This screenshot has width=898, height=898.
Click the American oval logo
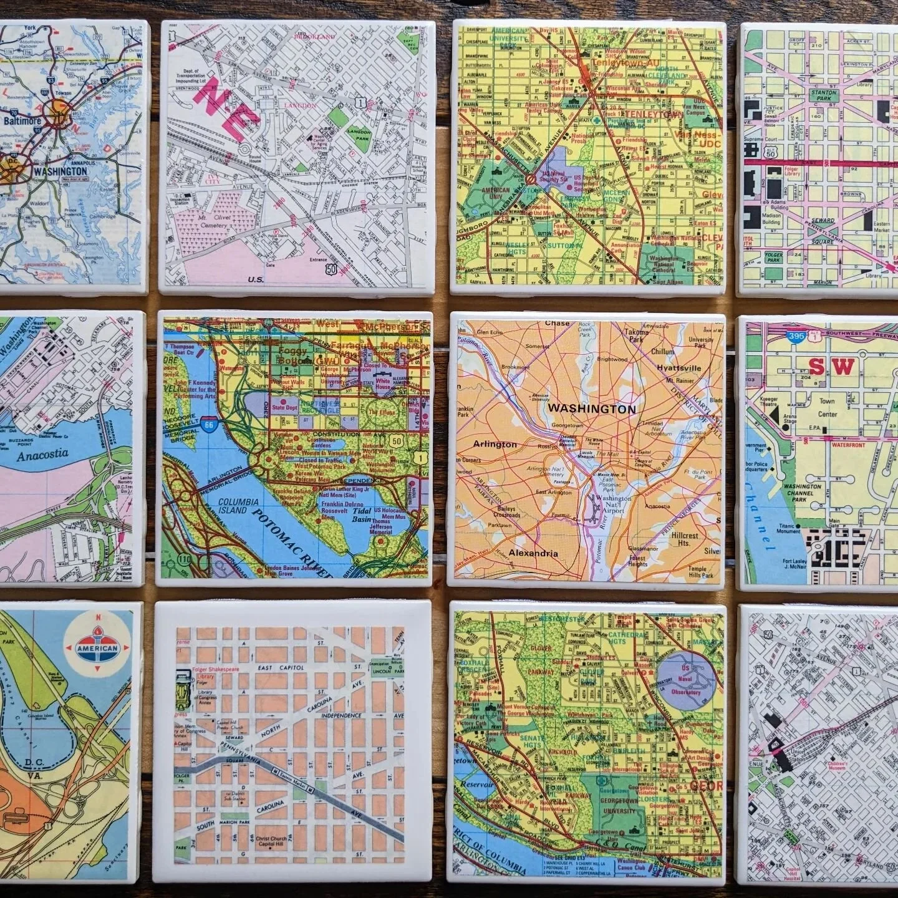coord(97,648)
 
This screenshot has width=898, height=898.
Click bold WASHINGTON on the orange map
coord(591,410)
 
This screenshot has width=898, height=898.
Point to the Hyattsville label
coord(678,368)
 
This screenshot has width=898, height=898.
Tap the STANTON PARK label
coord(823,95)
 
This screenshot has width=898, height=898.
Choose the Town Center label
coord(827,408)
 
